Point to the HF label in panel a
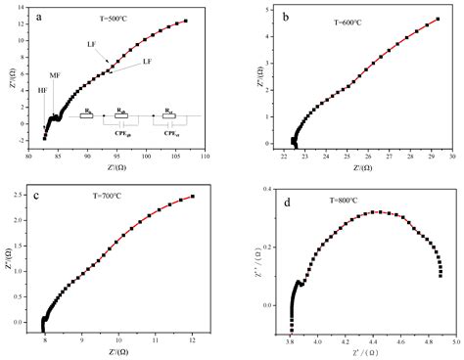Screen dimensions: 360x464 pyautogui.click(x=42, y=90)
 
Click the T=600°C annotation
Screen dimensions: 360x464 pyautogui.click(x=343, y=17)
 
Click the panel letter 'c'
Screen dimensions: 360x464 pyautogui.click(x=36, y=194)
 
